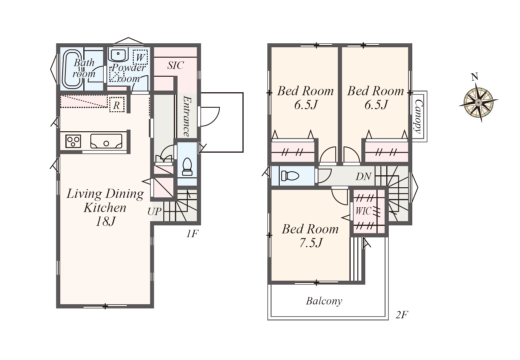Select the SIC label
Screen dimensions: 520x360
[175, 65]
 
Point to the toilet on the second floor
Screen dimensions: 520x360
[290, 175]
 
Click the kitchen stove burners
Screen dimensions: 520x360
[73, 141]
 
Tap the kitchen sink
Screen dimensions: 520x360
[106, 141]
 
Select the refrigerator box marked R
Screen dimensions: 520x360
[116, 105]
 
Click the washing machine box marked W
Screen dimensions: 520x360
[140, 57]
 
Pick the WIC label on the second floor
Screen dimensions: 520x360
[364, 211]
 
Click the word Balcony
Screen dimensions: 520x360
[324, 301]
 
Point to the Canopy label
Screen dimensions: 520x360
[419, 116]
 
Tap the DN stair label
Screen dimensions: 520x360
[363, 176]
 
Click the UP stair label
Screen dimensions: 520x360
[154, 211]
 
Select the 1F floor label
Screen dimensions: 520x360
[191, 233]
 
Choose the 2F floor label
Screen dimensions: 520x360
[401, 314]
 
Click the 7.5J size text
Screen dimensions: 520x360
[310, 243]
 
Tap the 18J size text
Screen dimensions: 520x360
[105, 221]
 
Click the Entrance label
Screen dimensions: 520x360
[186, 116]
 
